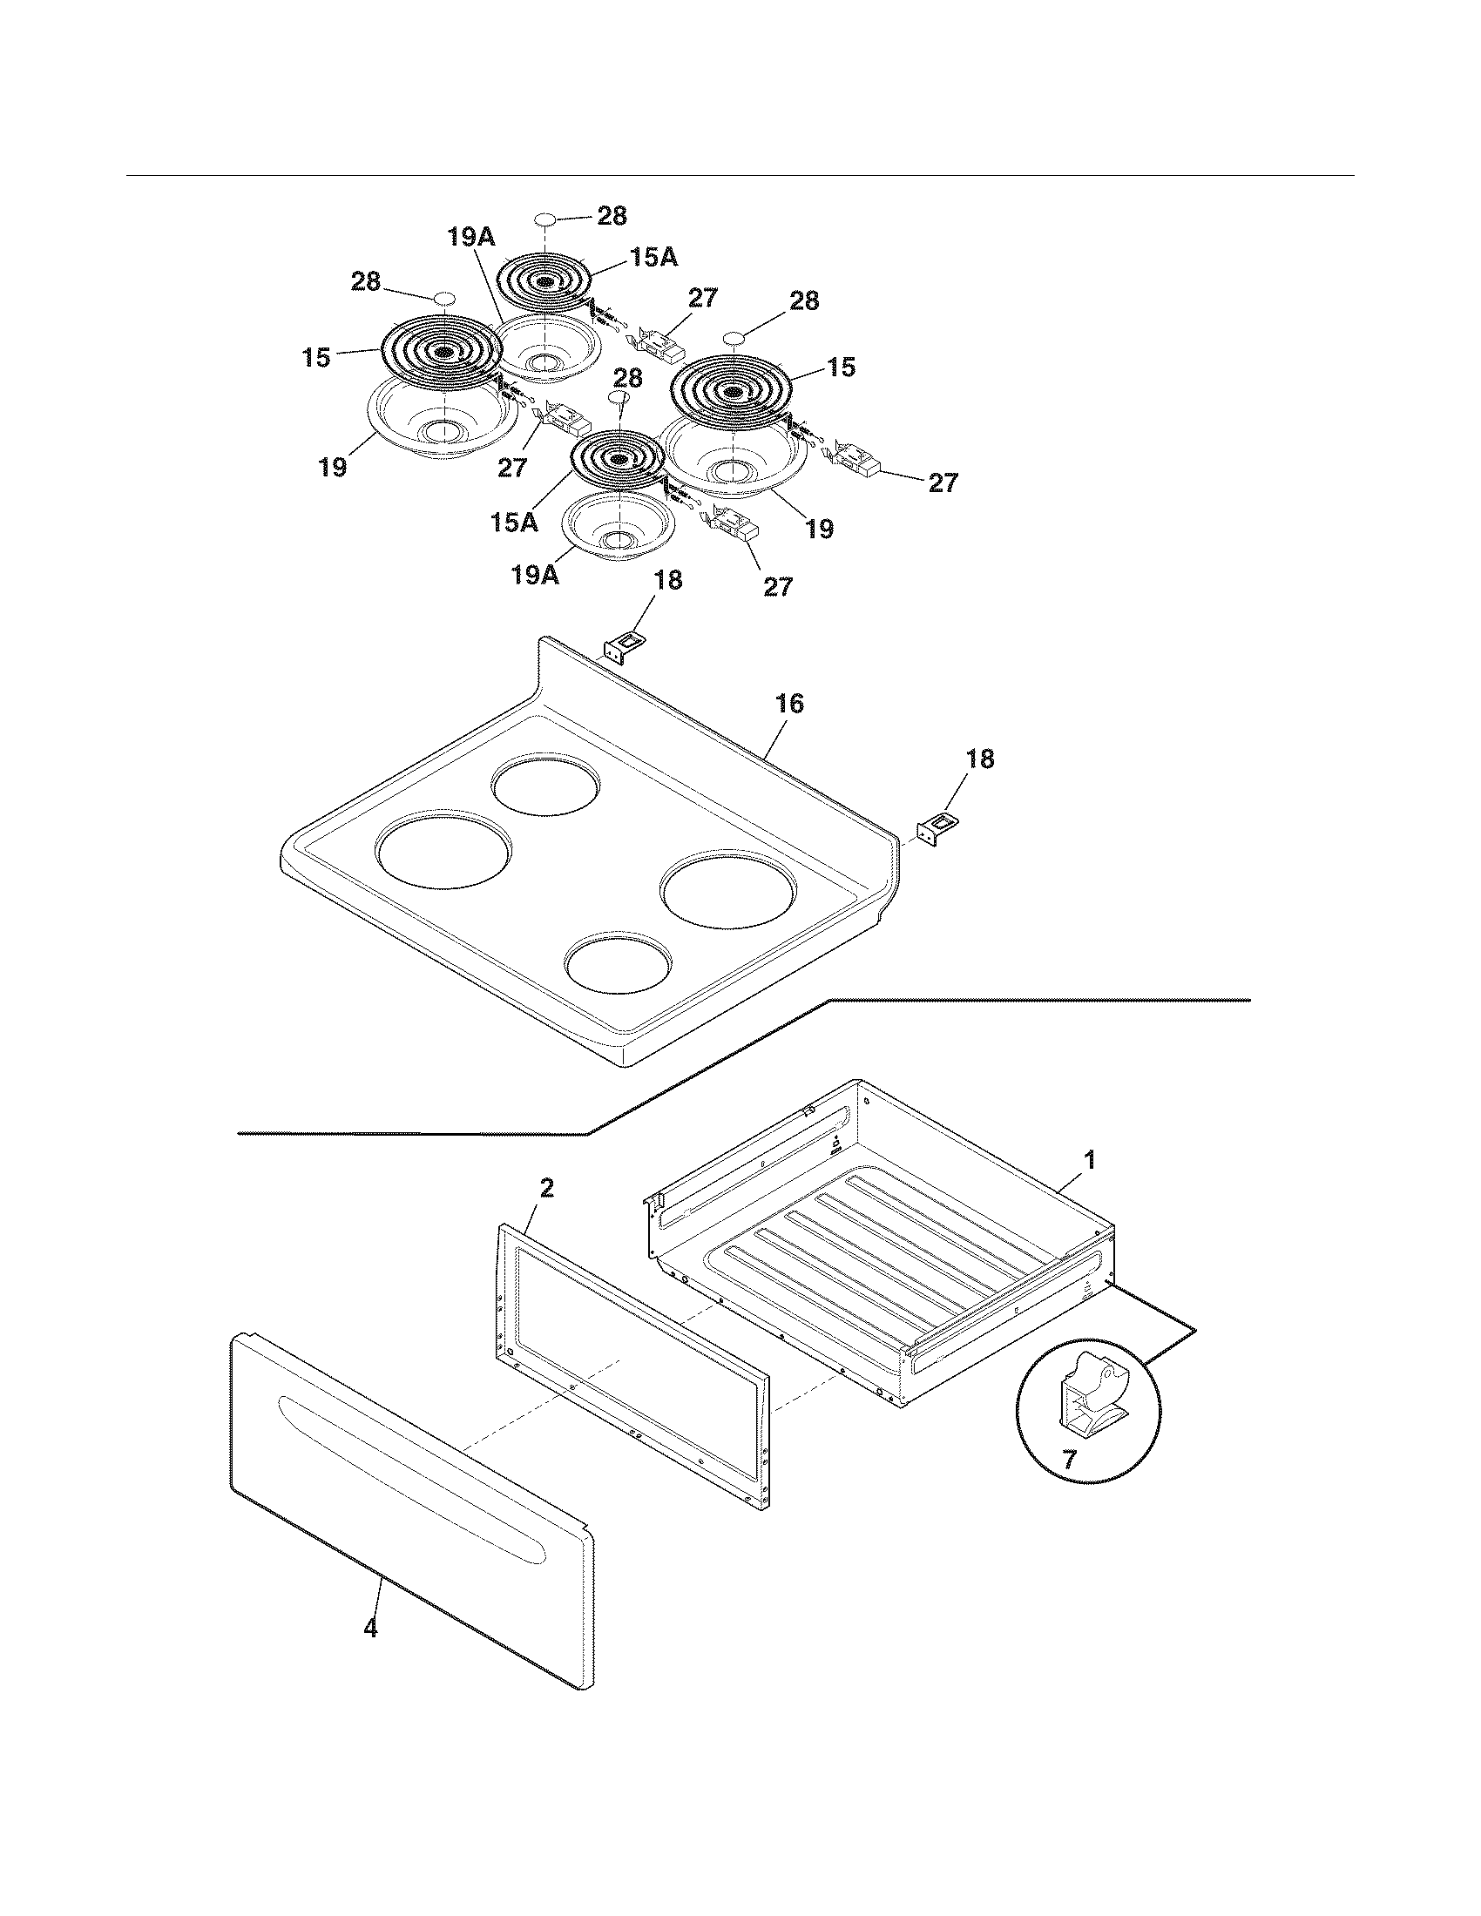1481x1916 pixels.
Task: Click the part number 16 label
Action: coord(789,705)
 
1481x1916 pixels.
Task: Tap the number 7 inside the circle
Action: coord(1069,1461)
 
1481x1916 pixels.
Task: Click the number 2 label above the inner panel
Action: coord(546,1189)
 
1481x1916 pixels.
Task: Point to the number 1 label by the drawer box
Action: coord(1089,1161)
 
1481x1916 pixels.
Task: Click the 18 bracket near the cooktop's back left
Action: coord(626,646)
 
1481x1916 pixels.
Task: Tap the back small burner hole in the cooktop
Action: coord(546,781)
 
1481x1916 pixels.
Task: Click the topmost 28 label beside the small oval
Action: coord(612,216)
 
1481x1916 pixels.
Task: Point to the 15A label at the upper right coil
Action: coord(653,257)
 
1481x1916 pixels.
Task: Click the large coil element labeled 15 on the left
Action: coord(443,353)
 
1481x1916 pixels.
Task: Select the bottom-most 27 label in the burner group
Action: coord(778,586)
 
